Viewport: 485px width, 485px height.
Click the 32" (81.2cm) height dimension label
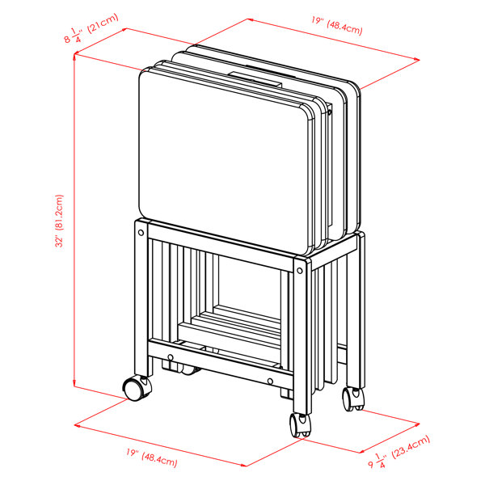point(59,221)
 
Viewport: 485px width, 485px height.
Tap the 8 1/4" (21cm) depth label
point(91,35)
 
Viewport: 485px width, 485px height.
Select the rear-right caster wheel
point(352,398)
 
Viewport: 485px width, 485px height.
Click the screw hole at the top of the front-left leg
point(142,232)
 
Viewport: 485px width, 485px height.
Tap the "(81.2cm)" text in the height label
point(59,209)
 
